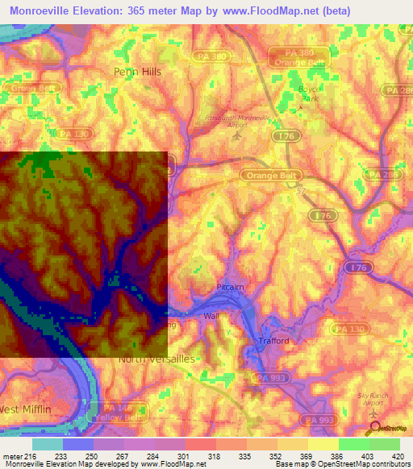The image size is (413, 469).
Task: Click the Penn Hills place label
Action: click(x=137, y=72)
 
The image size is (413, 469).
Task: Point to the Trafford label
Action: click(x=273, y=341)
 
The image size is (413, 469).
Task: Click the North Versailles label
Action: click(x=156, y=359)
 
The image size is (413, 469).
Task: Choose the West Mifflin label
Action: click(x=26, y=409)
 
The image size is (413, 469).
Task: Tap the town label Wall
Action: click(x=211, y=316)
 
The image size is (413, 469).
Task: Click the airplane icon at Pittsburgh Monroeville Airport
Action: click(x=236, y=134)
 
